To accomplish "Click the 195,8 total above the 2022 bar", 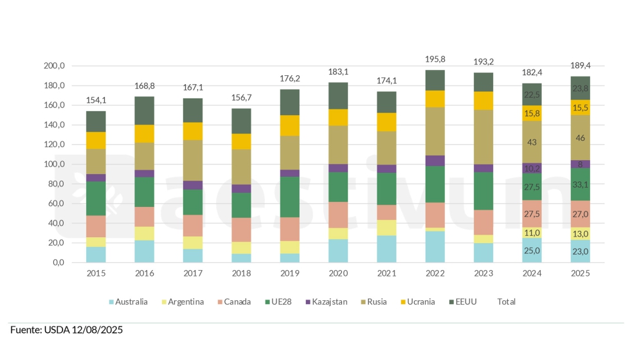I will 435,59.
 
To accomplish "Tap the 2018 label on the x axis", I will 242,273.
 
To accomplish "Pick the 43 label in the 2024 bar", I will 532,141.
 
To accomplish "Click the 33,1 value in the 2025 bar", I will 580,185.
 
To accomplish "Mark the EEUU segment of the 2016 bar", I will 145,111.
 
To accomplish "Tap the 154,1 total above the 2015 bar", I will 96,100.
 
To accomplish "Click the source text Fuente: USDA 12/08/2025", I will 67,330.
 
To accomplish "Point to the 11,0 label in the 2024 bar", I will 532,233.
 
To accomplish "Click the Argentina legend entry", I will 183,301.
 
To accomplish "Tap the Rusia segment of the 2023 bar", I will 483,136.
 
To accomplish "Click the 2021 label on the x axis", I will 387,273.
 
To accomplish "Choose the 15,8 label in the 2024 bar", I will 532,113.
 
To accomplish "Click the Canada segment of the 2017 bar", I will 193,225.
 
